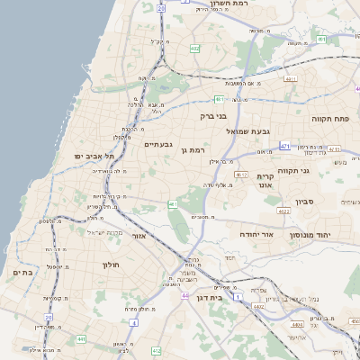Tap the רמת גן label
(x=193, y=150)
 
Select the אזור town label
(x=140, y=236)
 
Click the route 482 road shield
(x=195, y=49)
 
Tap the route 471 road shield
(x=285, y=146)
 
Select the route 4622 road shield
(x=283, y=211)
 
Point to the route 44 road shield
(x=184, y=295)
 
